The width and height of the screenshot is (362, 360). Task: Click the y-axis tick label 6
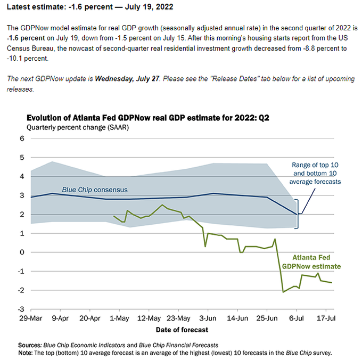point(22,138)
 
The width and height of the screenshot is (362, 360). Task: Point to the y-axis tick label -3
point(21,309)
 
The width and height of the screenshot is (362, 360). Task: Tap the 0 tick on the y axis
point(22,252)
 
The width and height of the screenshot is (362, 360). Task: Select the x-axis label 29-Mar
point(31,319)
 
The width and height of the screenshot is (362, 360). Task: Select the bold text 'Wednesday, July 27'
point(126,79)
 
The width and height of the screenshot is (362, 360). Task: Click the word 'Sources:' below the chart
point(30,345)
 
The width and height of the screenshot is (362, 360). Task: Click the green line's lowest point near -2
point(283,292)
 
